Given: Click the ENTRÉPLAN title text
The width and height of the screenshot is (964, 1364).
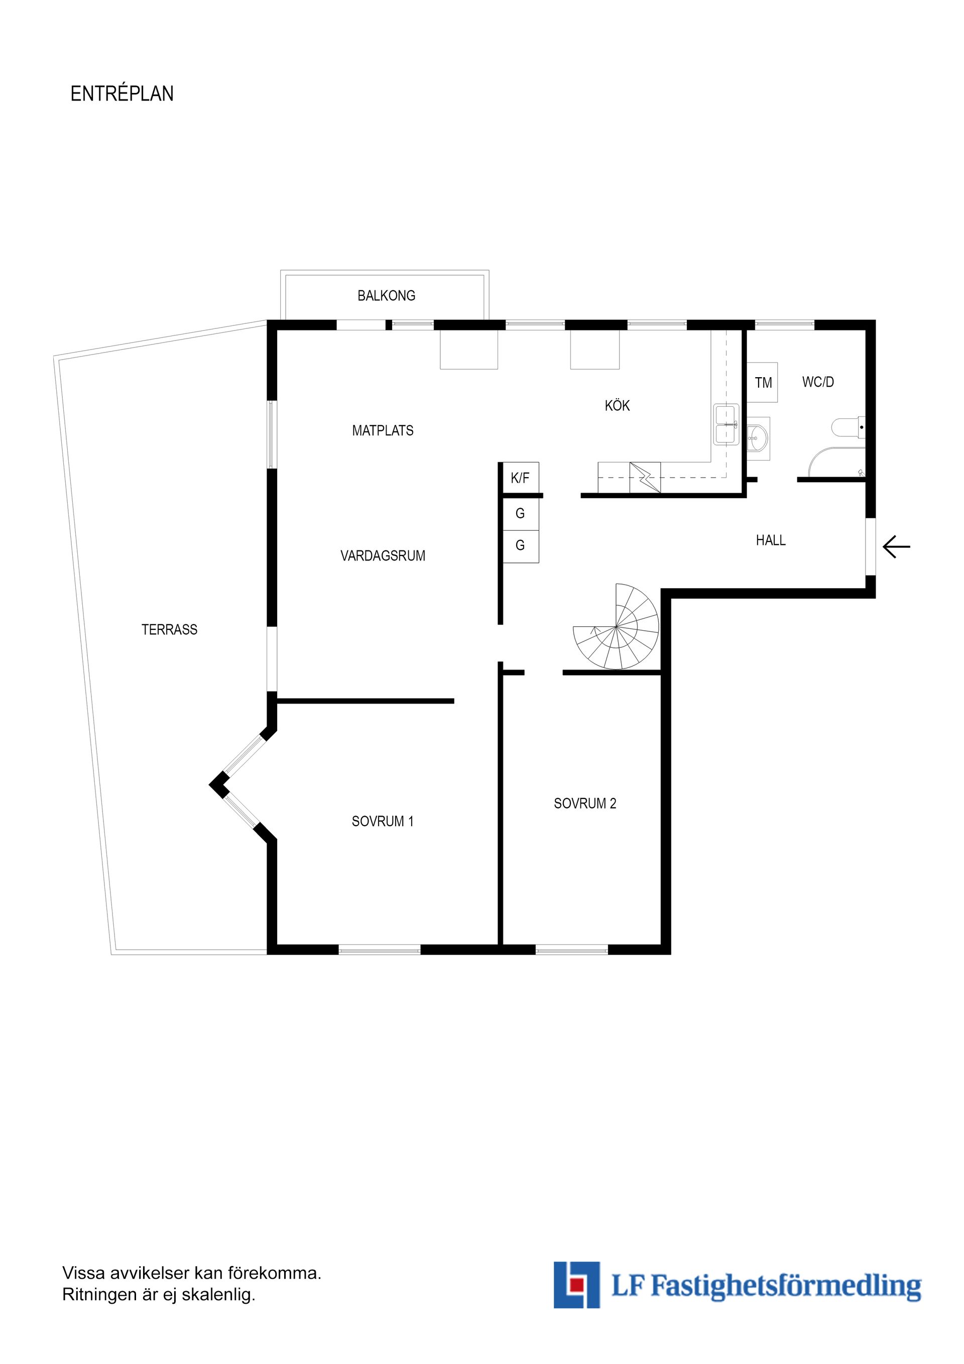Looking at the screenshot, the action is pos(122,94).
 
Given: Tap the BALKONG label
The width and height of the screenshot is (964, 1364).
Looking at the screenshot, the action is pos(386,296).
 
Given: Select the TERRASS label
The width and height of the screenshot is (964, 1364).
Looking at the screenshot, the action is pos(169,630).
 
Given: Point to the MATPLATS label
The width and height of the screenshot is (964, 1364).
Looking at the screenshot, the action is pos(383,431).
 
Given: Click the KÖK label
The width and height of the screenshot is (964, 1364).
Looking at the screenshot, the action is pos(617,405).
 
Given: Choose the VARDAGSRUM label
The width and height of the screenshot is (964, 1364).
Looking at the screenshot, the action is pos(383,556).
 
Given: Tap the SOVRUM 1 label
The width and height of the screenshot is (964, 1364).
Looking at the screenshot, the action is pos(383,822).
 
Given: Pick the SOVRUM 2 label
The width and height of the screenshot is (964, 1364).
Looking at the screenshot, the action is pos(585,804).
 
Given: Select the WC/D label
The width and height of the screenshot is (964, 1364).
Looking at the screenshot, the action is pos(818,382).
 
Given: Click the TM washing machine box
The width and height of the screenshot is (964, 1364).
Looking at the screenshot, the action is pos(763,383).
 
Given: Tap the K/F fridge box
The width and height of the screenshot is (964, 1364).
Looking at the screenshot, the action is pos(521,478).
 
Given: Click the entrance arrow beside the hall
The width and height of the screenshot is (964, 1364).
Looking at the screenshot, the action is pos(896,546).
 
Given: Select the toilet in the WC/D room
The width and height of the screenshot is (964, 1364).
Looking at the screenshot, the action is pos(848,427).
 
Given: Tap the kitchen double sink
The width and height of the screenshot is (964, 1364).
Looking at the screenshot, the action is pos(726,425).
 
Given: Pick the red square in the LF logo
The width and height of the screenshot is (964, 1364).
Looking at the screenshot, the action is pos(575,1286).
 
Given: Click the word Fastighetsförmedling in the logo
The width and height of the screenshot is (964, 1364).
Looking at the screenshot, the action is pos(786,1287).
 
